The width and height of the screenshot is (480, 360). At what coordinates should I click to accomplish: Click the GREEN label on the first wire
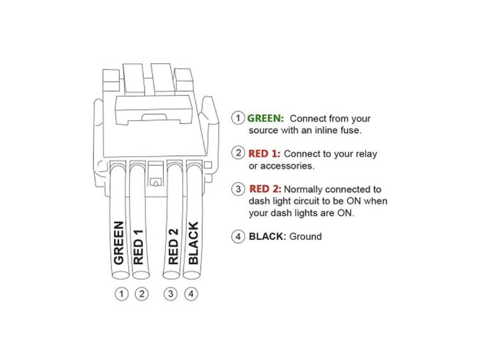click(x=119, y=243)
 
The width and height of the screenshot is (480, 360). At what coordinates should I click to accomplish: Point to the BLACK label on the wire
click(x=193, y=243)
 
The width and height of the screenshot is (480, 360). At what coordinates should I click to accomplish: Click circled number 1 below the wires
click(x=121, y=294)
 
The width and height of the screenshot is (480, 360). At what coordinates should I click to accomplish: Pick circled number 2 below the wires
click(x=141, y=294)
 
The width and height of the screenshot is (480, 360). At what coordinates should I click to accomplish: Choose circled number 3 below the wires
click(x=171, y=294)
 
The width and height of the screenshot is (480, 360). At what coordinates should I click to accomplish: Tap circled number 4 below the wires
click(x=191, y=294)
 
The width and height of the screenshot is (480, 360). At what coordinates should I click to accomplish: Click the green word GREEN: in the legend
click(x=266, y=119)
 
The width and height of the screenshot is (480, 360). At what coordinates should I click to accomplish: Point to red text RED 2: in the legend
click(x=265, y=189)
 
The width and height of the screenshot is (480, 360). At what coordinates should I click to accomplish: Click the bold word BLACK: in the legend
click(x=267, y=236)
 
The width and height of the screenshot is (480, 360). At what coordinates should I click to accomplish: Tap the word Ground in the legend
click(x=305, y=236)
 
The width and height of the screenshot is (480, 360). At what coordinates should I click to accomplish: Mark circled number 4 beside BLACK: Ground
click(x=239, y=236)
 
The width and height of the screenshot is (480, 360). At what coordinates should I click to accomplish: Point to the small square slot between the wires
click(x=154, y=181)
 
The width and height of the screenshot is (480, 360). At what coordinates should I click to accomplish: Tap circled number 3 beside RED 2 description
click(x=239, y=189)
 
